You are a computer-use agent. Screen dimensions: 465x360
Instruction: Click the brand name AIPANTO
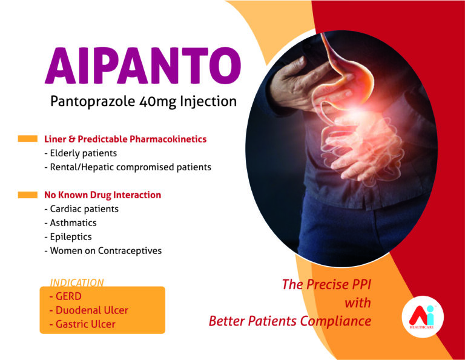point(143,65)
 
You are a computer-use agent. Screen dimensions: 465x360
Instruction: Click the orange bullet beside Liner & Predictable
point(28,139)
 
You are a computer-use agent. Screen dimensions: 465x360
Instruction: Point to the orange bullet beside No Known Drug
point(28,195)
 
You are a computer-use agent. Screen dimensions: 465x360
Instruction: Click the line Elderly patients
point(81,153)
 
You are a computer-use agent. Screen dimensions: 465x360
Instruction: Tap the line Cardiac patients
point(82,209)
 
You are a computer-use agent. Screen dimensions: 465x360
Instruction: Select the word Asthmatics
point(73,222)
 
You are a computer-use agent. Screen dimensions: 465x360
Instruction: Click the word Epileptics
point(71,237)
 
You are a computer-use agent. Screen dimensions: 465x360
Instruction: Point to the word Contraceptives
point(130,251)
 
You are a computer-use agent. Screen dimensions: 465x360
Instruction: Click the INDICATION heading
point(77,282)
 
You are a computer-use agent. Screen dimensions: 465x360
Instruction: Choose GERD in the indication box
point(68,296)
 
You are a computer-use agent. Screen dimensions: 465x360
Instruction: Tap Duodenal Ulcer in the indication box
point(92,310)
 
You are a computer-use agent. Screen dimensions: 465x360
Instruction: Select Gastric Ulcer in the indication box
point(85,324)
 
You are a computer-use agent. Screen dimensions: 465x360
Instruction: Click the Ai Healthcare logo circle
point(423,317)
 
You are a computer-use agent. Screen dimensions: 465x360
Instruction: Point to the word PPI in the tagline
point(361,284)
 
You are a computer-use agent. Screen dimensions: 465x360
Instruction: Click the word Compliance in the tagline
point(335,321)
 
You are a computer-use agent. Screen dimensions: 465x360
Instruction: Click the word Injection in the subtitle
point(208,102)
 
